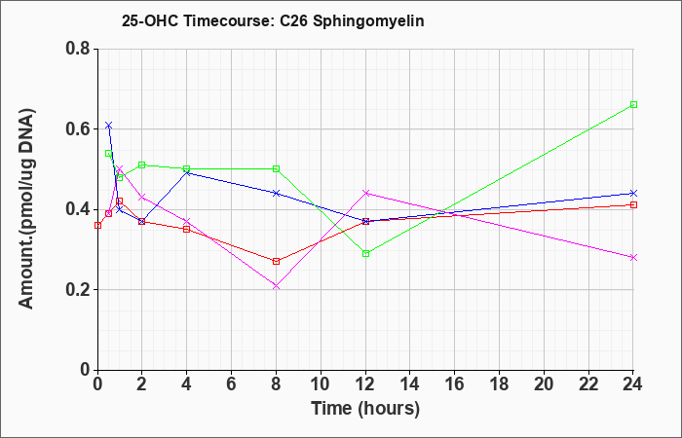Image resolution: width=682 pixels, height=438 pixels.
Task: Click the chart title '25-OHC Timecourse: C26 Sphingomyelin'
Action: tap(273, 20)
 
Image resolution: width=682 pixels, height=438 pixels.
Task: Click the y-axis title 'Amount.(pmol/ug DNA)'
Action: tap(27, 209)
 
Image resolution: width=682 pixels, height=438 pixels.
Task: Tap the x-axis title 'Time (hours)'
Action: tap(365, 409)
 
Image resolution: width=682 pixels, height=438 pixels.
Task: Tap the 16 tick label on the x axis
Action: tap(455, 384)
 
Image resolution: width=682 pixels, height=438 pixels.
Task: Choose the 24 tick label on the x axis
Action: tap(633, 384)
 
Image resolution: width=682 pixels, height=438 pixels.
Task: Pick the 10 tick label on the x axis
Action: tap(321, 384)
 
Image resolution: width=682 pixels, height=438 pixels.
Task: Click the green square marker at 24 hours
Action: tap(633, 105)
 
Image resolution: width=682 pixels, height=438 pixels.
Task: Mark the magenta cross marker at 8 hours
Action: tap(276, 286)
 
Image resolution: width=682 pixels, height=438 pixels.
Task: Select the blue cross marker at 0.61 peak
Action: tap(109, 126)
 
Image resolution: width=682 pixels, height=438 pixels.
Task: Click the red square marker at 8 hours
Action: tap(276, 261)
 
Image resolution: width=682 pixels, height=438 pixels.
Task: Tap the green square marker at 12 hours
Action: tap(365, 253)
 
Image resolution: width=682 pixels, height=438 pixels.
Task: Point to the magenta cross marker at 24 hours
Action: tap(633, 257)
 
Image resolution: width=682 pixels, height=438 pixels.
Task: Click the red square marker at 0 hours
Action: tap(97, 225)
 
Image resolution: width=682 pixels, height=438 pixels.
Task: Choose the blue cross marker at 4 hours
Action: tap(187, 173)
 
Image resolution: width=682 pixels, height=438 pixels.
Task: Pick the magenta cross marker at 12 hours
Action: tap(365, 193)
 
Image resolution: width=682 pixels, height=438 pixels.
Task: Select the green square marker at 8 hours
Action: tap(276, 169)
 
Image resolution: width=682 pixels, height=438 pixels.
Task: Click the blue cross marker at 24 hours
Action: tap(633, 193)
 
